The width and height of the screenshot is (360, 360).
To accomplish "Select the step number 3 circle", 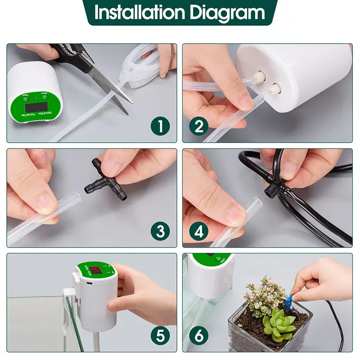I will coord(161,231).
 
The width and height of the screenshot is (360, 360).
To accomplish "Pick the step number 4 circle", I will coord(198,231).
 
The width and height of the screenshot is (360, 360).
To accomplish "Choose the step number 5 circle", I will coord(161,336).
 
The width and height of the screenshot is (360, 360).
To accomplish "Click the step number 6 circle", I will coord(198,336).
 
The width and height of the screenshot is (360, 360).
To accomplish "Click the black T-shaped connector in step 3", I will coord(106,182).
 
